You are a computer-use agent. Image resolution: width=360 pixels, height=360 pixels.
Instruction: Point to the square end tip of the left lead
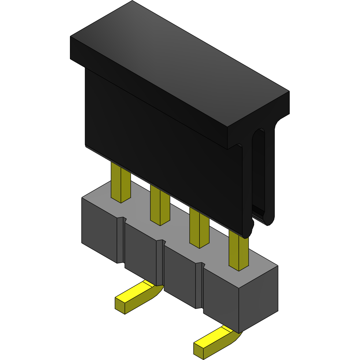coord(120,305)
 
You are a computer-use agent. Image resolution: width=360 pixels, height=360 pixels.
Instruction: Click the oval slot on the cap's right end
coord(260,172)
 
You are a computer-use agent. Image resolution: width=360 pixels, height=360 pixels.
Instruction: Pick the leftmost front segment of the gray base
coord(99,231)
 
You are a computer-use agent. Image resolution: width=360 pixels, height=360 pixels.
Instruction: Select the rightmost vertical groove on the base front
coord(199,286)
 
